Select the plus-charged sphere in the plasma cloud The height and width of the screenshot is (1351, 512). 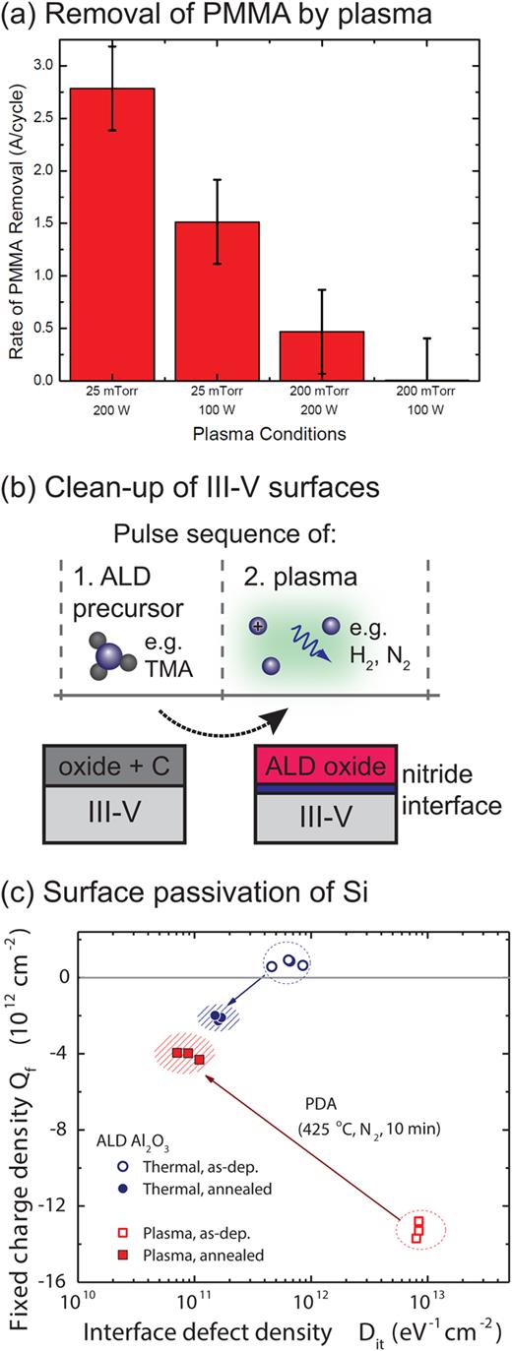[259, 626]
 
